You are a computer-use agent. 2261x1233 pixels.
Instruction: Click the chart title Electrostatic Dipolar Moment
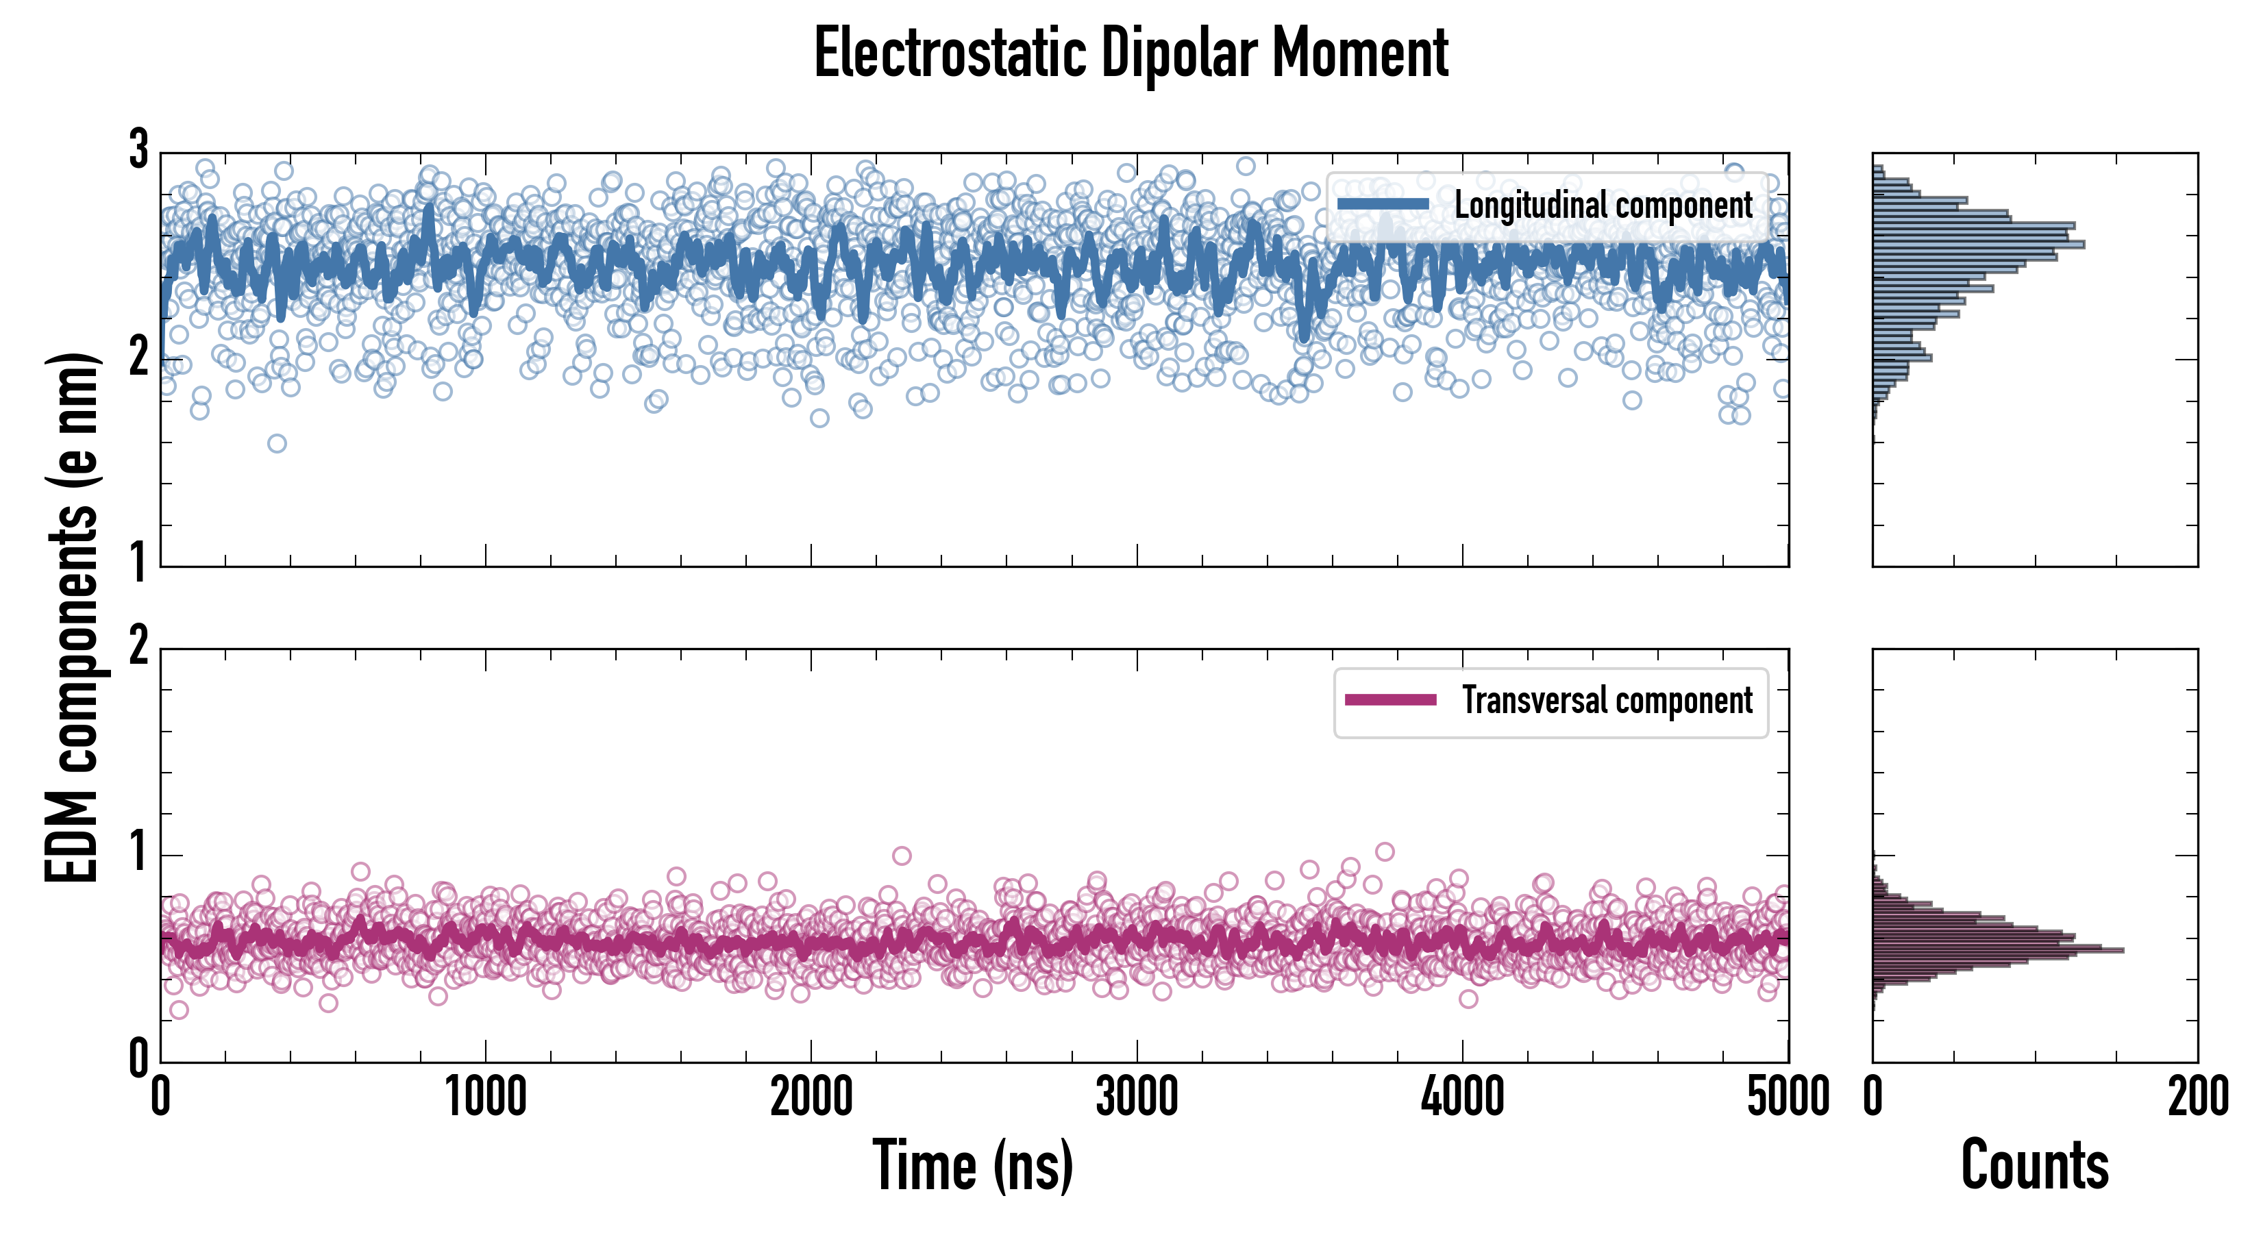(x=1130, y=54)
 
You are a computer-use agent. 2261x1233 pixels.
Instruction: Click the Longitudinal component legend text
(x=1603, y=206)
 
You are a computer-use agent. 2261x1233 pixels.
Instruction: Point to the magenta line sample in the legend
(x=1390, y=700)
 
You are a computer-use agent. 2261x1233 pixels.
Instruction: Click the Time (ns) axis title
(x=972, y=1165)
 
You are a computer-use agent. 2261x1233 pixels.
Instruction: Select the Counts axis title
(x=2034, y=1165)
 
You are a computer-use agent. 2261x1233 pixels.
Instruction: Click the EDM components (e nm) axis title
(x=72, y=618)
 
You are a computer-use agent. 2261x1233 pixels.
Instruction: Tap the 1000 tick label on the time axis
(x=485, y=1098)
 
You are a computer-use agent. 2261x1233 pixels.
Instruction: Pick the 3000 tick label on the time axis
(x=1137, y=1098)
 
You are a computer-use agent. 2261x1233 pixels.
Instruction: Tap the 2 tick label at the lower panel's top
(x=138, y=647)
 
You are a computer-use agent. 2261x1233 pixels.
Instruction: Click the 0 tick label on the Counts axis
(x=1873, y=1098)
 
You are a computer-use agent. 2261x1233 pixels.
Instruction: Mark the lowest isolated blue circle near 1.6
(x=277, y=443)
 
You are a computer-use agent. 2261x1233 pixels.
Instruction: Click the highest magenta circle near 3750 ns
(x=1385, y=851)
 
